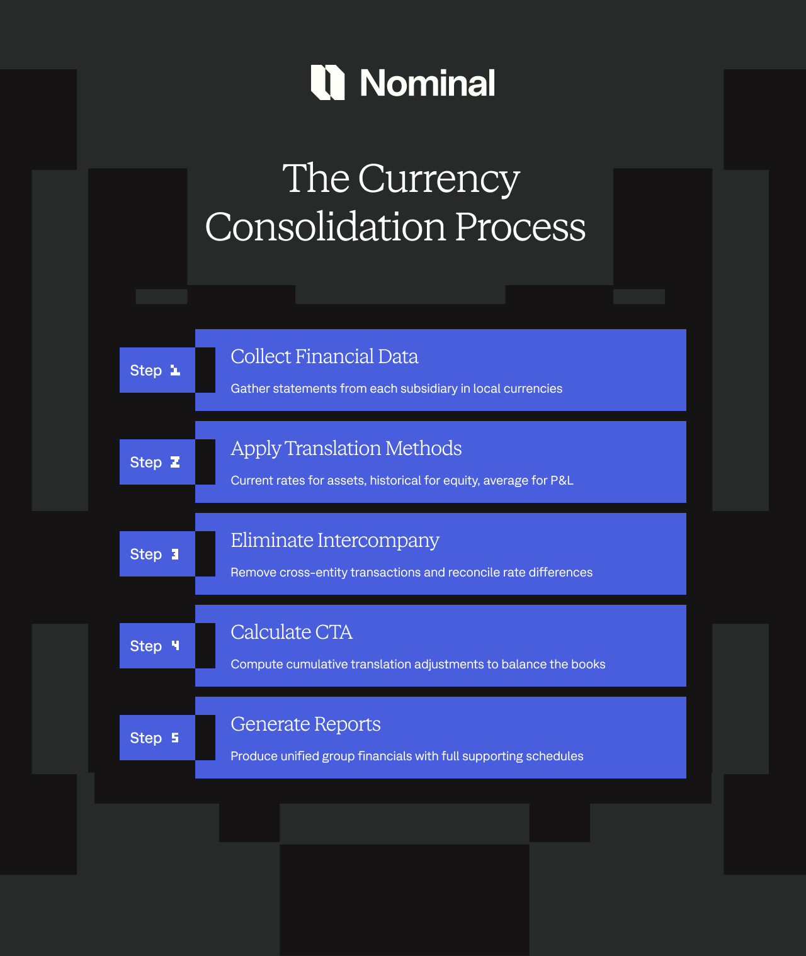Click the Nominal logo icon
[327, 82]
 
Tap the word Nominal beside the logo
[427, 83]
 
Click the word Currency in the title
[438, 179]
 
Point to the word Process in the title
[520, 227]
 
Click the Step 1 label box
[157, 370]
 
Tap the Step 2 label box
[157, 462]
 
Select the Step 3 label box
[157, 554]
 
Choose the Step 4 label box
[157, 646]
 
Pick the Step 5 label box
[157, 738]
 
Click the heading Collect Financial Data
[324, 357]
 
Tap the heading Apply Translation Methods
[346, 449]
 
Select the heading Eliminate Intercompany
[334, 541]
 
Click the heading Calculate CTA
[291, 633]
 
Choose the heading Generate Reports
[305, 724]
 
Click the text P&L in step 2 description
[562, 481]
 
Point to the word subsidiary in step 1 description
[431, 389]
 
